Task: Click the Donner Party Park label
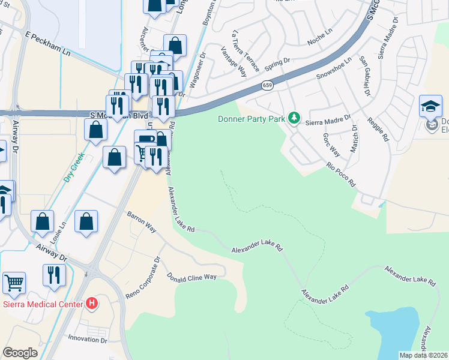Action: click(251, 119)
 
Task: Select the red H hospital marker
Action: click(91, 304)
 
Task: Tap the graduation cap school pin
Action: click(430, 106)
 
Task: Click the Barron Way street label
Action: click(142, 220)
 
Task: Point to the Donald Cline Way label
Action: click(191, 277)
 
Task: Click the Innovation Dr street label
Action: click(87, 340)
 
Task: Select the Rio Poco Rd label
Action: click(341, 173)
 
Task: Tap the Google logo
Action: click(20, 353)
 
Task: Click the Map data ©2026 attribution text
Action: click(423, 355)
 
